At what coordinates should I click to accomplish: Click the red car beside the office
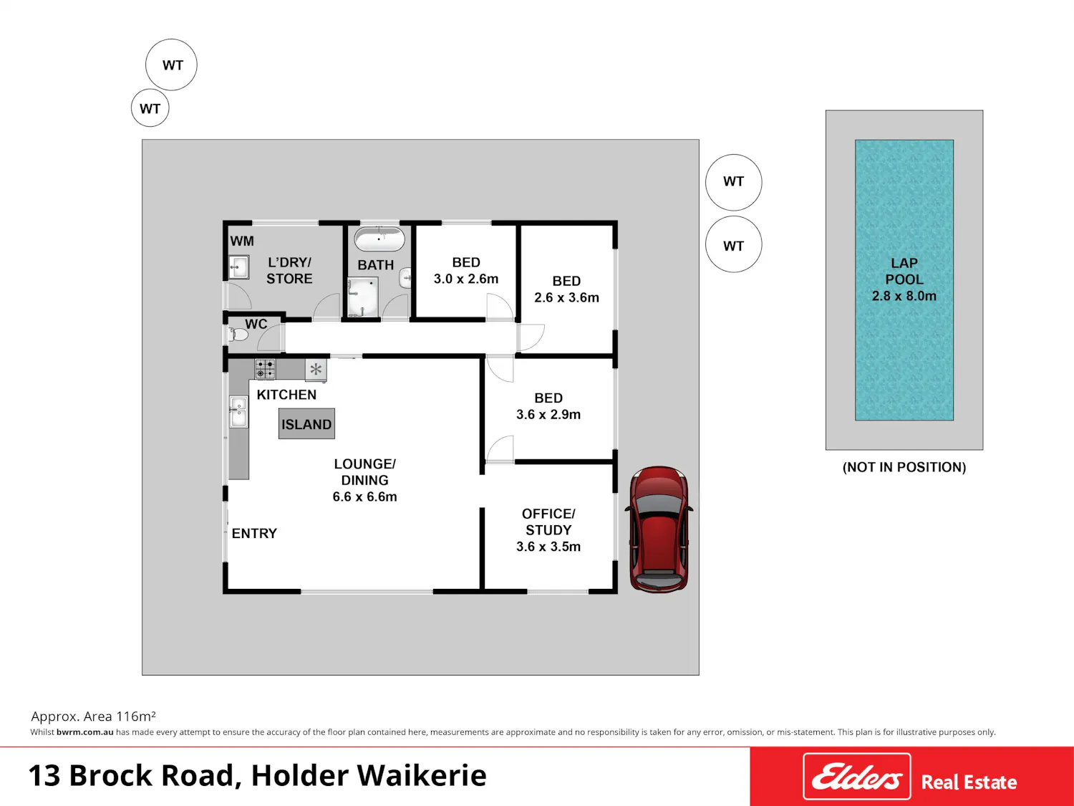tap(659, 529)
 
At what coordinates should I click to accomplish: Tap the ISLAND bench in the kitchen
tap(306, 424)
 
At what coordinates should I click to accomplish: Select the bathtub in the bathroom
tap(379, 239)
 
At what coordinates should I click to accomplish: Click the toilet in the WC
tap(238, 335)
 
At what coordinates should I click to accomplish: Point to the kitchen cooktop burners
tap(266, 369)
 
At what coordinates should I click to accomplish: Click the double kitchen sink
tap(238, 411)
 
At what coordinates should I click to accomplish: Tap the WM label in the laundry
tap(242, 241)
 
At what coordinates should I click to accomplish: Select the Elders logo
tap(857, 777)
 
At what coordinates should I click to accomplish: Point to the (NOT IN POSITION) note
tap(904, 467)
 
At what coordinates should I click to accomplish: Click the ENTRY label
tap(254, 534)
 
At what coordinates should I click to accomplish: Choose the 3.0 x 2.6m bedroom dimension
tap(466, 279)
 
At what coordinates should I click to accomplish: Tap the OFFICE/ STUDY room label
tap(548, 522)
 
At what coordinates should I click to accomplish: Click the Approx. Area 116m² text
tap(94, 716)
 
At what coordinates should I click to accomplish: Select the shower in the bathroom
tap(362, 297)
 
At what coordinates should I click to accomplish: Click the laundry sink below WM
tap(238, 267)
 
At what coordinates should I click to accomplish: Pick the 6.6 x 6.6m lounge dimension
tap(364, 496)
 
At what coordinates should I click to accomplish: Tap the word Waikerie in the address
tap(422, 776)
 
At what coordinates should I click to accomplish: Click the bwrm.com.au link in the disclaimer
tap(84, 732)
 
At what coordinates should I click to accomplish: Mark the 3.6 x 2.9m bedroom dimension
tap(548, 415)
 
